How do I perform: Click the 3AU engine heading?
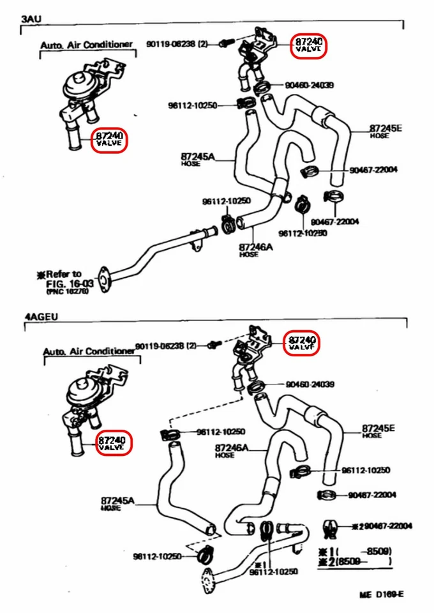coord(32,20)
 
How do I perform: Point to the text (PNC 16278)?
coord(67,291)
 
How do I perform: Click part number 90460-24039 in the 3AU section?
coord(310,85)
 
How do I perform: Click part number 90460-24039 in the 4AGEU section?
coord(310,384)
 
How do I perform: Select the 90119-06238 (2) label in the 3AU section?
coord(177,44)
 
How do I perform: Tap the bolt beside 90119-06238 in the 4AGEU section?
coord(214,345)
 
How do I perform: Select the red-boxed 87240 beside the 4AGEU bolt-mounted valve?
coord(302,343)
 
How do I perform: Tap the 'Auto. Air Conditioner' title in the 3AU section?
coord(86,45)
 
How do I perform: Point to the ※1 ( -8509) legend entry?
coord(354,551)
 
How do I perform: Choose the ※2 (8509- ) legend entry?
coord(354,562)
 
